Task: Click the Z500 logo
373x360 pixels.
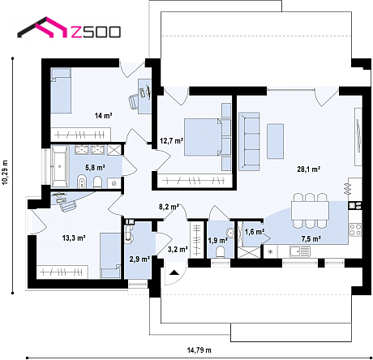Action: point(69,28)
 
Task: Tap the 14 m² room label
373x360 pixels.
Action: point(103,116)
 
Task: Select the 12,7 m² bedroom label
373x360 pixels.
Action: point(172,141)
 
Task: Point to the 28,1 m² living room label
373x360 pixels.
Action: point(309,169)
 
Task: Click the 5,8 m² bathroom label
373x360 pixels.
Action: point(95,168)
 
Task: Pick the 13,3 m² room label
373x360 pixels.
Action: point(74,238)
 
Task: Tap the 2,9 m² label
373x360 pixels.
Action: point(139,259)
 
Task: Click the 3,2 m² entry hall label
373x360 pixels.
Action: point(178,249)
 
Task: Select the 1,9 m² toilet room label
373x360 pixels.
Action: point(218,240)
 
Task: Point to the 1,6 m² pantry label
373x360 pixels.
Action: point(255,232)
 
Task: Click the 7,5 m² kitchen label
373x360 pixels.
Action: point(311,239)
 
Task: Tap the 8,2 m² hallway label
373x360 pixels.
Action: point(169,207)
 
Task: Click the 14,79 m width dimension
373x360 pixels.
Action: point(199,350)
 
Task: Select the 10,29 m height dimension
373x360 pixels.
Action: point(5,173)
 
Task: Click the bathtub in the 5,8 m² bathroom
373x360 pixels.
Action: point(60,167)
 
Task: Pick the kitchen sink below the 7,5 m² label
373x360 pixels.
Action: point(299,251)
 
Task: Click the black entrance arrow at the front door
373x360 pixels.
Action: point(174,272)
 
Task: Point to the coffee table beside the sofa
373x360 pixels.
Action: point(276,141)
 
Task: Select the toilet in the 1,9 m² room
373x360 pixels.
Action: point(221,252)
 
